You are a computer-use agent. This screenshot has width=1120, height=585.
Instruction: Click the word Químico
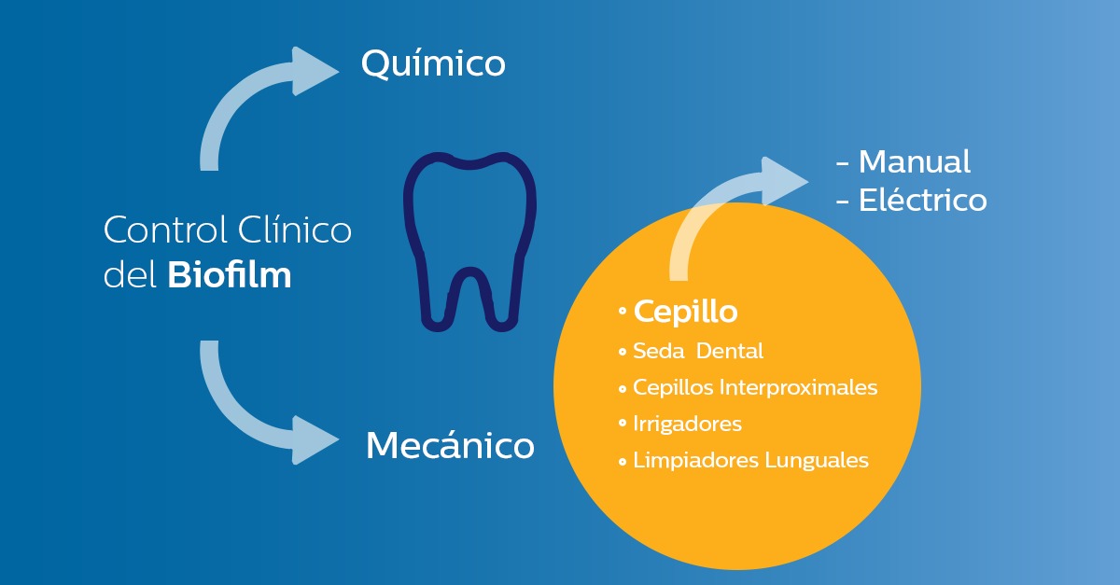[x=433, y=64]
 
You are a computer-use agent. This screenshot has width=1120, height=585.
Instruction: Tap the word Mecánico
[x=450, y=445]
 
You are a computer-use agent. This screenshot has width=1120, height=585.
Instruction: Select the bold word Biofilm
[x=229, y=275]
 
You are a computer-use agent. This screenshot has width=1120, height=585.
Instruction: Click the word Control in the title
[x=165, y=230]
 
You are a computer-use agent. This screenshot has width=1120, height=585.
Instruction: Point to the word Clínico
[x=295, y=230]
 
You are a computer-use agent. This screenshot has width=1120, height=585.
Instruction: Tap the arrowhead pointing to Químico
[x=314, y=71]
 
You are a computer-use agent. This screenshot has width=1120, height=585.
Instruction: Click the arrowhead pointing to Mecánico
[x=314, y=440]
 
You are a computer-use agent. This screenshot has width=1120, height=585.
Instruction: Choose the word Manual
[x=915, y=162]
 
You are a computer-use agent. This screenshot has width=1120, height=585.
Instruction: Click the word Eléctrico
[x=922, y=200]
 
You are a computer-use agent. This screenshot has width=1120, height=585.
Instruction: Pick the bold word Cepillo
[x=685, y=312]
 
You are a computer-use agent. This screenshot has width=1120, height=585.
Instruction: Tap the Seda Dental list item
[x=698, y=351]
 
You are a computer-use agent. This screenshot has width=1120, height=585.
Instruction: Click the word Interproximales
[x=798, y=387]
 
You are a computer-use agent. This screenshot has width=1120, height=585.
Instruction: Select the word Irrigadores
[x=688, y=424]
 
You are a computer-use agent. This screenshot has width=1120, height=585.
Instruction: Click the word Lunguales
[x=817, y=461]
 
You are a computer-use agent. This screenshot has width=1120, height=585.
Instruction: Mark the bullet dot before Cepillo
[x=623, y=311]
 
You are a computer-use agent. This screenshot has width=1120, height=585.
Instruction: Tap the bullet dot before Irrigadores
[x=623, y=424]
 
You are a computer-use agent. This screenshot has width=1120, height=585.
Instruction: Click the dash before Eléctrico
[x=843, y=202]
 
